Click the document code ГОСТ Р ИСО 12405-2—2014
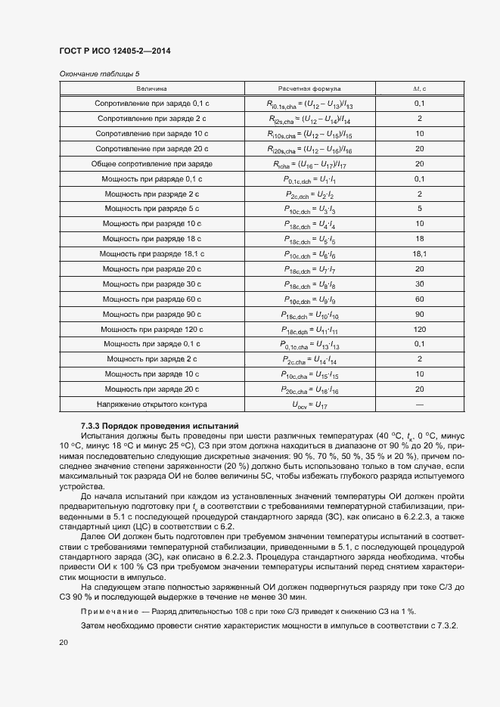[114, 51]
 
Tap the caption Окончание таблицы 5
[99, 74]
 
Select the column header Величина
[152, 88]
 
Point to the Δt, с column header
[419, 88]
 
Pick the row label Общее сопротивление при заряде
[152, 163]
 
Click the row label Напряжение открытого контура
[152, 404]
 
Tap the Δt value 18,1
[419, 253]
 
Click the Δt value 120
[419, 329]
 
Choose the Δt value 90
[419, 314]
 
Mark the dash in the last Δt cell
[419, 404]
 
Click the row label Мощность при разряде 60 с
[152, 299]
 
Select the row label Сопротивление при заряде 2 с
[152, 119]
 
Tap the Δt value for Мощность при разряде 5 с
[419, 208]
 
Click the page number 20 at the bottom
[64, 642]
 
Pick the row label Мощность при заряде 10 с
[152, 374]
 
